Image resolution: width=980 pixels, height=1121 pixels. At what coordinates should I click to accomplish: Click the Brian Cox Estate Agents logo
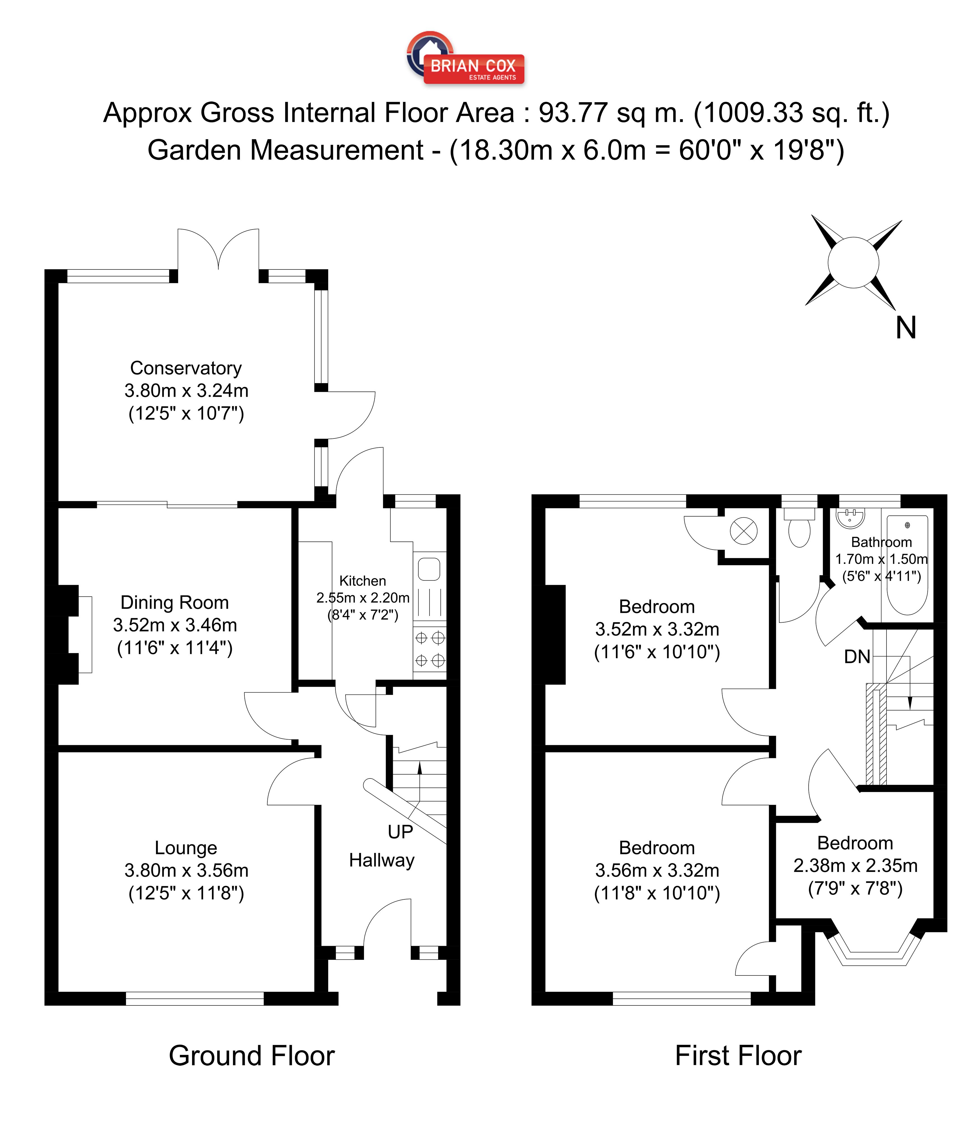tap(465, 58)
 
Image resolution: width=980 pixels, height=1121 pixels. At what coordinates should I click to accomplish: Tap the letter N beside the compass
tap(906, 328)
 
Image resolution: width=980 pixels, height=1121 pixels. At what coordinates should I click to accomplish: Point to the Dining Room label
tap(174, 602)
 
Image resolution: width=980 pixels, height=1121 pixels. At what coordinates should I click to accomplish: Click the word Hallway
tap(382, 860)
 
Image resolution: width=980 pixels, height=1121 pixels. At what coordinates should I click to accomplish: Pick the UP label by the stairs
tap(400, 832)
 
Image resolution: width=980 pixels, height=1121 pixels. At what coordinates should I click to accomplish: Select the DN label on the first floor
tap(857, 656)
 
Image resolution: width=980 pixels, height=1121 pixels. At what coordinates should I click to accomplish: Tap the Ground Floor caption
tap(251, 1056)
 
